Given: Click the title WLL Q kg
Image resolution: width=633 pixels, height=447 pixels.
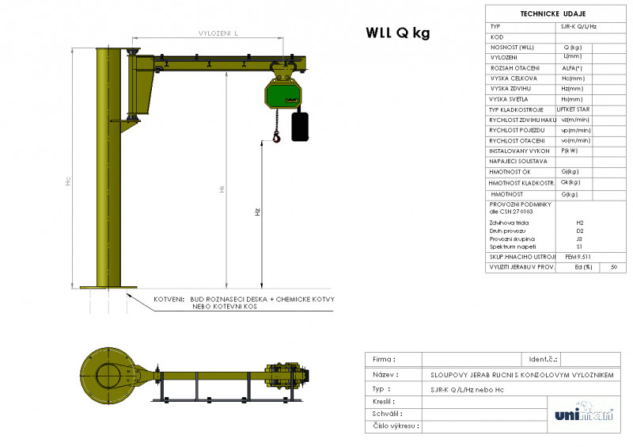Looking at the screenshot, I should point(397,32).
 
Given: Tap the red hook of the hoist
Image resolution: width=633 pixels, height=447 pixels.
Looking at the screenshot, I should point(276,138).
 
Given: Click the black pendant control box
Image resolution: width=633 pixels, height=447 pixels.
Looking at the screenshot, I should point(300,126).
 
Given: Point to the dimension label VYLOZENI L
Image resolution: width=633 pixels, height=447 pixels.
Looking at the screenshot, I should point(219,32).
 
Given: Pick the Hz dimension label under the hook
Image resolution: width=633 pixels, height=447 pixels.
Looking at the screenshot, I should point(257,212).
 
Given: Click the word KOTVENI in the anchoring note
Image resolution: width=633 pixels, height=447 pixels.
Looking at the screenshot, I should point(169,300).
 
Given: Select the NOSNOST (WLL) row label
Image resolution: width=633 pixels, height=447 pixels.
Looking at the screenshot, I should point(512,48).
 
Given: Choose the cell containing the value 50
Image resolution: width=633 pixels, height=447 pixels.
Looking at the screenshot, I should point(613,267).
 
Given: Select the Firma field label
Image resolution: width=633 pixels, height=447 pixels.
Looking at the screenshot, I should point(384,359).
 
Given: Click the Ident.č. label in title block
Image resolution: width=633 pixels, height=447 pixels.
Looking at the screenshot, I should point(543,359).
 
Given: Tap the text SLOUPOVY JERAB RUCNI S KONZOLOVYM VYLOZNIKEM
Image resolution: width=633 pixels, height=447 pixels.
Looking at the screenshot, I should point(521,374).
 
